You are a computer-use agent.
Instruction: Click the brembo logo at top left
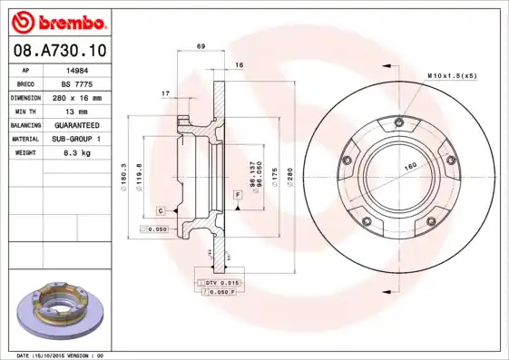click(57, 19)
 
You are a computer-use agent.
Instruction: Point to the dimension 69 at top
click(201, 45)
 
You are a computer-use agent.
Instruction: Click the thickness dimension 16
click(239, 65)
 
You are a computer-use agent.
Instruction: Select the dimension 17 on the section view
click(165, 93)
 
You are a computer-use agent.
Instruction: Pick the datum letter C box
click(160, 210)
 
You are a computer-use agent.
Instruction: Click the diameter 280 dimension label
click(289, 171)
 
